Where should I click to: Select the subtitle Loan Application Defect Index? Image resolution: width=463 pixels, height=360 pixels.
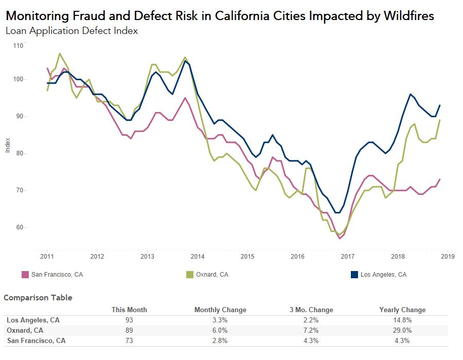coord(72,30)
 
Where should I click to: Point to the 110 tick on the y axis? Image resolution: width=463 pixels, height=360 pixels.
coord(19,46)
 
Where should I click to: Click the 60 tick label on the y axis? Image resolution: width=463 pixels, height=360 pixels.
coord(19,227)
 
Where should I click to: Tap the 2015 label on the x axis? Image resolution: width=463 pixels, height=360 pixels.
coord(247,256)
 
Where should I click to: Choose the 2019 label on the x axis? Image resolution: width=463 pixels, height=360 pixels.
coord(448,256)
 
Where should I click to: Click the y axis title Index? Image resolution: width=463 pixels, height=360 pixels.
coord(7,145)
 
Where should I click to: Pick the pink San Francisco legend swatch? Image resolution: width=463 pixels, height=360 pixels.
coord(24,275)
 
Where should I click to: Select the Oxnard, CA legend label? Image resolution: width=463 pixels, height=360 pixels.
coord(212,275)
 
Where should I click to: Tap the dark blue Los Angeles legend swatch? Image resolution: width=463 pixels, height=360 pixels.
coord(354,275)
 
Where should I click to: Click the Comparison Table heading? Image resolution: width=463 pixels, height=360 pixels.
coord(38,298)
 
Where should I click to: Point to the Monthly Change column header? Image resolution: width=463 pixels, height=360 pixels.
coord(220,310)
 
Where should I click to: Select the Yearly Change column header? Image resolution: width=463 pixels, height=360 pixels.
coord(402,310)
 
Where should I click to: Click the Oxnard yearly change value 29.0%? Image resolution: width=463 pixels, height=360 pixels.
coord(402,330)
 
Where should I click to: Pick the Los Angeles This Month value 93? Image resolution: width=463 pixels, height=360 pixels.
coord(129,320)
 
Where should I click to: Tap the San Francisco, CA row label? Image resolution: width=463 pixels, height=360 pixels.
coord(36,340)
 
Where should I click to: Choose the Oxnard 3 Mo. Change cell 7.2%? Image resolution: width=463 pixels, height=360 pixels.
coord(311,330)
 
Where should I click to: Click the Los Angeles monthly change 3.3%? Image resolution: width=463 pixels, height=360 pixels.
coord(220,320)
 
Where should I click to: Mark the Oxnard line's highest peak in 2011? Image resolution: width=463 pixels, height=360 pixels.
coord(60,53)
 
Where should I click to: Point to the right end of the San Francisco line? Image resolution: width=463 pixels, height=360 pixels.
coord(439,179)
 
